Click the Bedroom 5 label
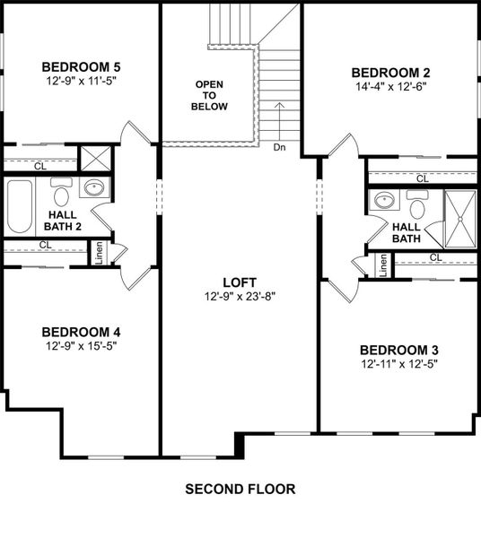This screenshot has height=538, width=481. pos(81,66)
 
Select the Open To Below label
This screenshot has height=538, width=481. pos(210,95)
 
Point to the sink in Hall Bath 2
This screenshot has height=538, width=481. pos(92,189)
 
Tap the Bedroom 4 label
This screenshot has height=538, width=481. pos(81,332)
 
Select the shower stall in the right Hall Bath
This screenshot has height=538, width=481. pos(461,219)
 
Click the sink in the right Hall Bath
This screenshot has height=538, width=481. pos(384,199)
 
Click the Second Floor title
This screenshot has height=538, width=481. pos(240,490)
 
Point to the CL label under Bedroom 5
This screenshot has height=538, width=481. pos(40,166)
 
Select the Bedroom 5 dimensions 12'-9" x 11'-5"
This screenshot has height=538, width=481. pos(81,81)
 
